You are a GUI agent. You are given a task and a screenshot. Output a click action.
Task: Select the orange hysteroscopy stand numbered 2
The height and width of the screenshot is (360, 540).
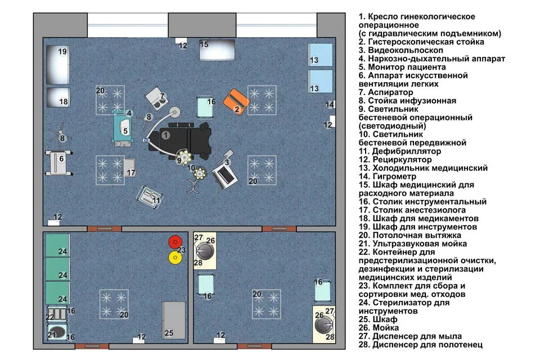(236, 102)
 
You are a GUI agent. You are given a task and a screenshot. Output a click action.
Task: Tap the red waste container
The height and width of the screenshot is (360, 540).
(175, 242)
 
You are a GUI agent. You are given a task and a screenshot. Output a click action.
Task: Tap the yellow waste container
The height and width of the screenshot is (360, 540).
(175, 257)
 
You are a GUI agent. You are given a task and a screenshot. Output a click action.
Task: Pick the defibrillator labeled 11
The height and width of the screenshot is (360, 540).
(150, 197)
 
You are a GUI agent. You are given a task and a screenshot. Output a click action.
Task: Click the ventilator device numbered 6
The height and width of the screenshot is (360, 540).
(58, 163)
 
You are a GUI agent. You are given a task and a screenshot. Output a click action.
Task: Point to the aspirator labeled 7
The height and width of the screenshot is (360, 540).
(156, 99)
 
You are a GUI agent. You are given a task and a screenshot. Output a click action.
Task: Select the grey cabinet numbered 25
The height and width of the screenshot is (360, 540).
(174, 321)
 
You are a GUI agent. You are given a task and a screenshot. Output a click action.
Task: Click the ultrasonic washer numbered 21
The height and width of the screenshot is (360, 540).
(57, 332)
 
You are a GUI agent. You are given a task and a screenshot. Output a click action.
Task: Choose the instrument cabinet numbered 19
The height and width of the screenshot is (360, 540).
(58, 65)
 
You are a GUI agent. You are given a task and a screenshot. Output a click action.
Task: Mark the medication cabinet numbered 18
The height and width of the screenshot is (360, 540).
(58, 97)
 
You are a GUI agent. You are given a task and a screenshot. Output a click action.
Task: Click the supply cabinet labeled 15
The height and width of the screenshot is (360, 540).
(217, 49)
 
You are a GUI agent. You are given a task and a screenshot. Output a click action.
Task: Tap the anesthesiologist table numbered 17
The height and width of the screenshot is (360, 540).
(129, 168)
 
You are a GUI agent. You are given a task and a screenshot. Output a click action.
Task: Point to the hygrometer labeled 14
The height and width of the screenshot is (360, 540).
(330, 105)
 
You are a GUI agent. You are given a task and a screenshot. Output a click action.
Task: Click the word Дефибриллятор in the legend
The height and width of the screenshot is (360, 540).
(406, 151)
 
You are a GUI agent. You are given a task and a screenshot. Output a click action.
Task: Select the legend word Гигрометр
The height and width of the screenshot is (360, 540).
(394, 177)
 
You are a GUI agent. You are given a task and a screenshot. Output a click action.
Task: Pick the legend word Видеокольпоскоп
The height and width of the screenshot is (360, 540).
(406, 50)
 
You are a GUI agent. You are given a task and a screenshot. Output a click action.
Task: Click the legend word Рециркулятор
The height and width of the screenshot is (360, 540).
(402, 160)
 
